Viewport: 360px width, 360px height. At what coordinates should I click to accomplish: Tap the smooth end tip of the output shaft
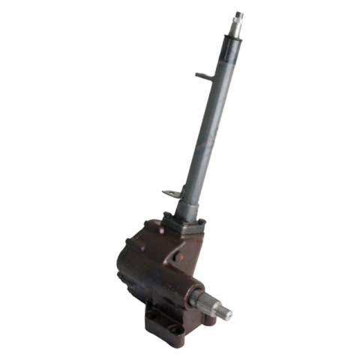[226, 313]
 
